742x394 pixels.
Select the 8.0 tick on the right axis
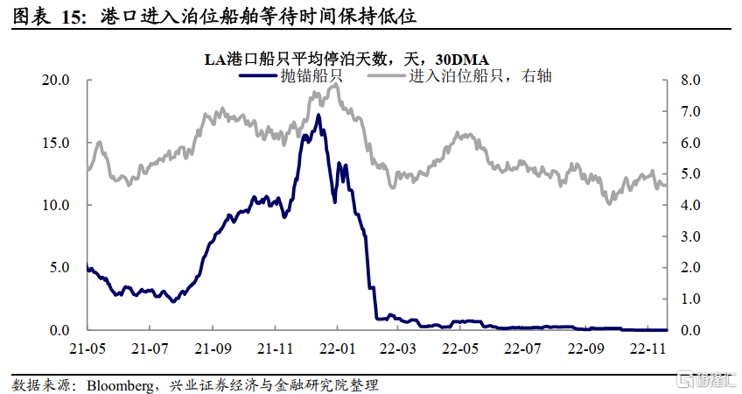click(x=689, y=80)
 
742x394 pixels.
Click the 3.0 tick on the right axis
click(x=689, y=236)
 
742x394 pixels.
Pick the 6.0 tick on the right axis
click(x=689, y=143)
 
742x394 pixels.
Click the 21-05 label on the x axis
click(x=88, y=348)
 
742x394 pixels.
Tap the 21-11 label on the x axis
click(x=275, y=348)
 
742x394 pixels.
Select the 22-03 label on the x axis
click(x=399, y=348)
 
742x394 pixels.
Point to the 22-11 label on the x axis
click(x=647, y=348)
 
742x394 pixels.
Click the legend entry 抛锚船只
click(x=311, y=76)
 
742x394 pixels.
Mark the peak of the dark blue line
click(x=318, y=115)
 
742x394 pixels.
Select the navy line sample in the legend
click(x=257, y=76)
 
